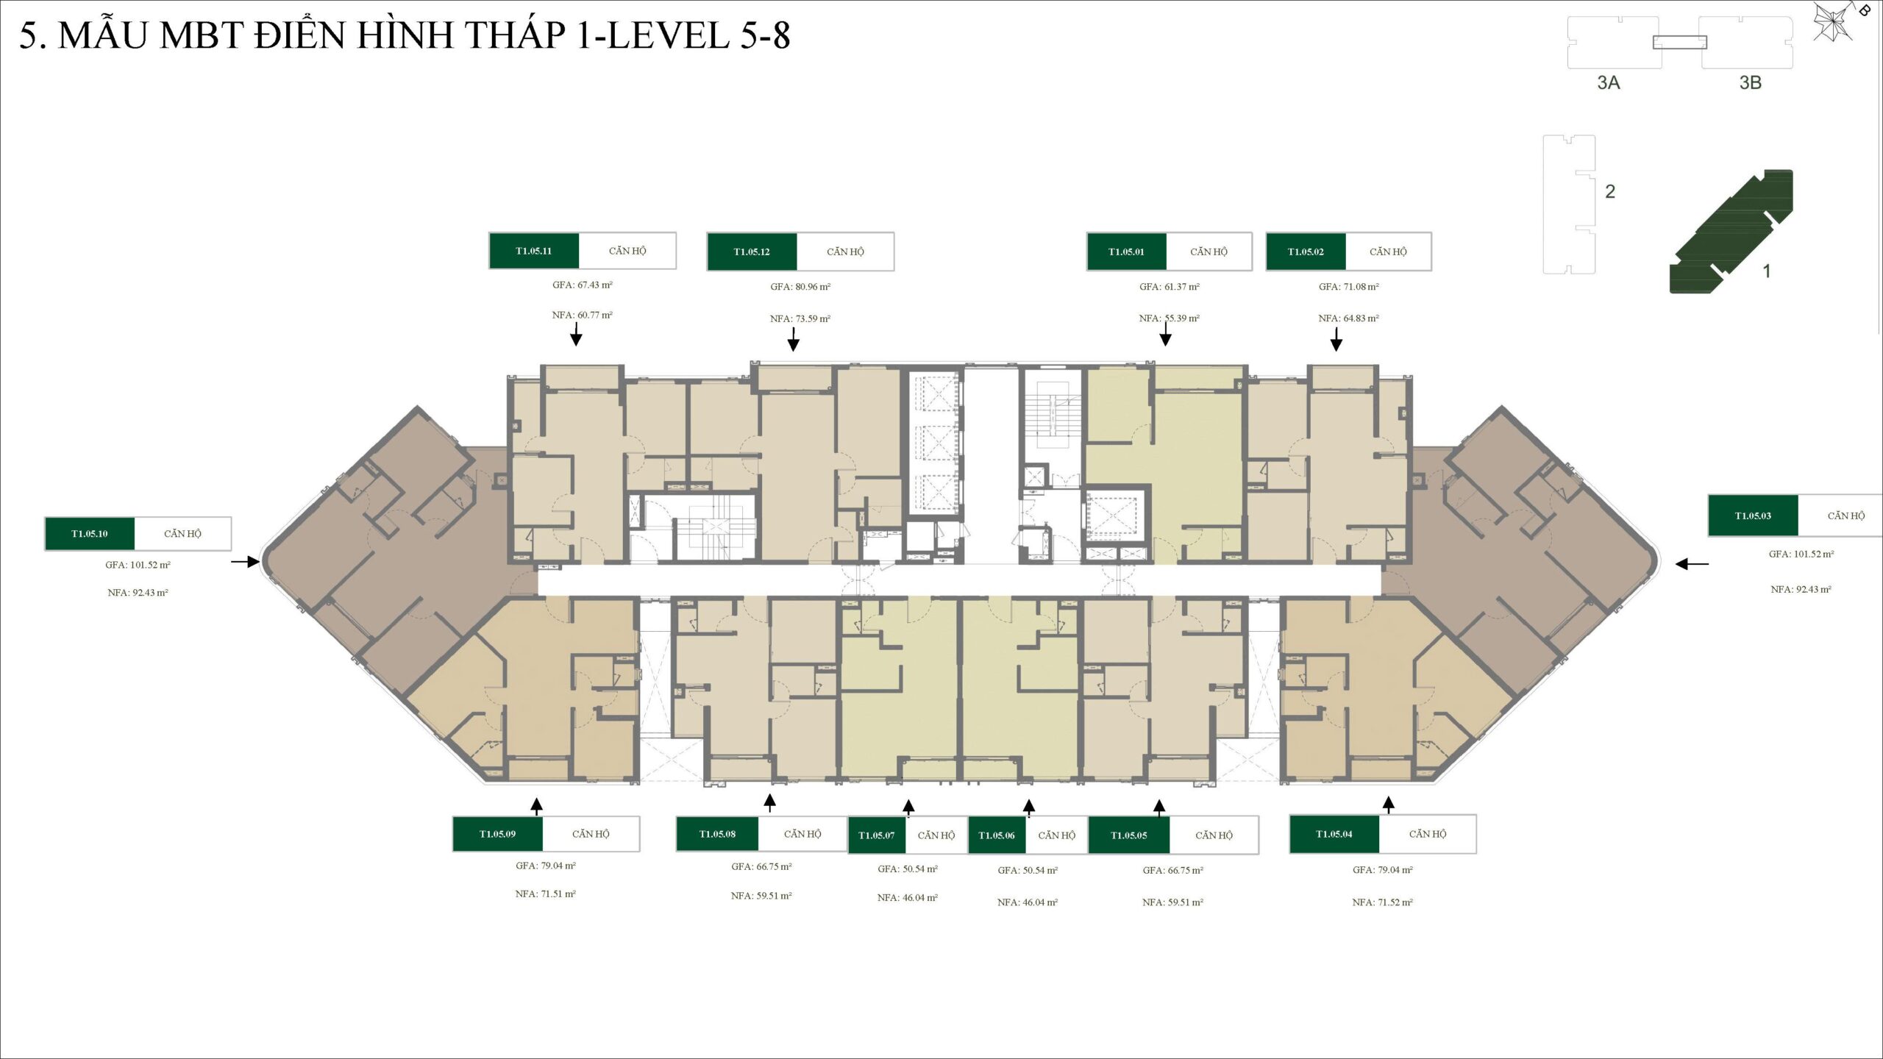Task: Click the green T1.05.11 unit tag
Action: pyautogui.click(x=534, y=251)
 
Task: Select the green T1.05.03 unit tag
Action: pyautogui.click(x=1753, y=516)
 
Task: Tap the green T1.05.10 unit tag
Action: pyautogui.click(x=90, y=534)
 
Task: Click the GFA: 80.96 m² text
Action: pyautogui.click(x=800, y=287)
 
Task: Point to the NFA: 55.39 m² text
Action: pyautogui.click(x=1169, y=318)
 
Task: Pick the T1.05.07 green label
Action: pyautogui.click(x=877, y=835)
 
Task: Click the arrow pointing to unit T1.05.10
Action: pyautogui.click(x=246, y=562)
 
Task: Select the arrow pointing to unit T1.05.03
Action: pyautogui.click(x=1692, y=564)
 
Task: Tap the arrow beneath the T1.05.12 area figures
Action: pyautogui.click(x=793, y=340)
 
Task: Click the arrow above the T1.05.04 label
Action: pyautogui.click(x=1388, y=805)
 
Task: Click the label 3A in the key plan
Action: pyautogui.click(x=1608, y=82)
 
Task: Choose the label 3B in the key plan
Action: pyautogui.click(x=1750, y=82)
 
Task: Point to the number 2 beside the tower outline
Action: pyautogui.click(x=1610, y=191)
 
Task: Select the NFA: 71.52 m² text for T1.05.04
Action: pyautogui.click(x=1382, y=902)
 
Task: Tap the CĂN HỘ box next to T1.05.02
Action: pyautogui.click(x=1388, y=252)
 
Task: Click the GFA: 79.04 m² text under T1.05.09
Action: pyautogui.click(x=546, y=866)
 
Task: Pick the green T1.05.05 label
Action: pyautogui.click(x=1129, y=835)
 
